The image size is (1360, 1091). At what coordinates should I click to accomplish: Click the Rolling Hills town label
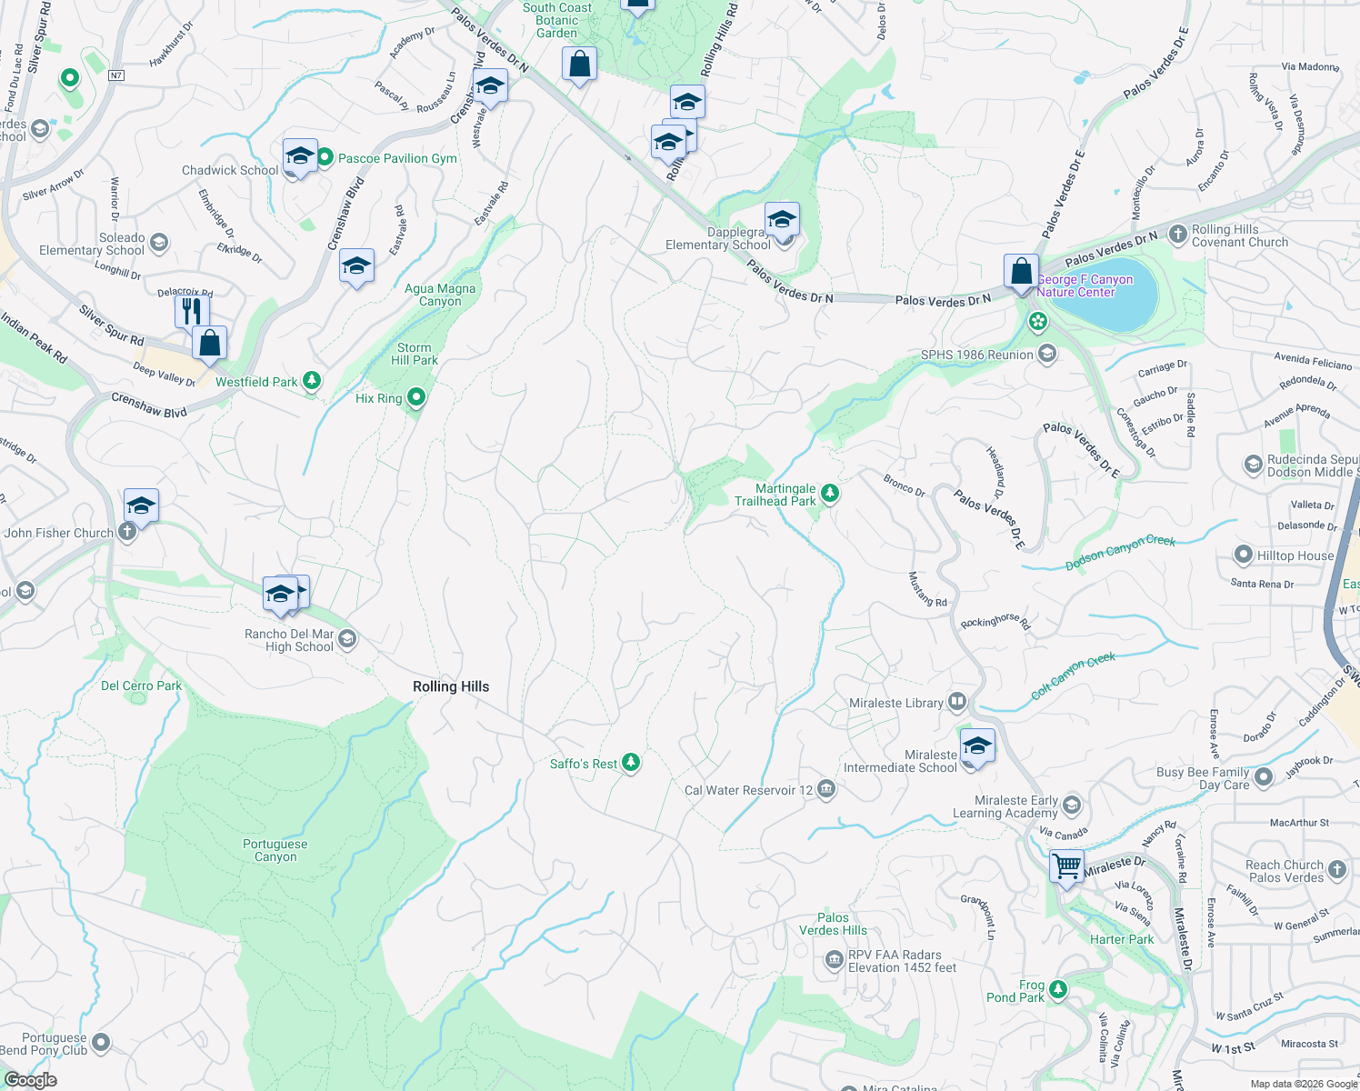451,686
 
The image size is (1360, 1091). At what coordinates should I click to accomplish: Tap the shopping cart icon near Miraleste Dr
1066,865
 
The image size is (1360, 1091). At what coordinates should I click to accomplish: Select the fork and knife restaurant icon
191,311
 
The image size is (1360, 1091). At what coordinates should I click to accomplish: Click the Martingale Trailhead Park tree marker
829,494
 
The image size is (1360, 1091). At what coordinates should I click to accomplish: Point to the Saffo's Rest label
584,764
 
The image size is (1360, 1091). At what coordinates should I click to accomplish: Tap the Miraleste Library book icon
956,701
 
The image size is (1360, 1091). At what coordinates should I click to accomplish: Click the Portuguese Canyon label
275,850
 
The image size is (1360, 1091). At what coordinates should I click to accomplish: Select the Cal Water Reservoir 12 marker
825,788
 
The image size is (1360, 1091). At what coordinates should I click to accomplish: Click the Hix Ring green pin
416,396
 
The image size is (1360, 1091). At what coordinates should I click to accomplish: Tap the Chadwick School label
230,170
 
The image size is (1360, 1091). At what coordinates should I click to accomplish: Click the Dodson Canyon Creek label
1120,553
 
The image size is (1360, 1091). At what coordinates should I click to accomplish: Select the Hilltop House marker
1244,555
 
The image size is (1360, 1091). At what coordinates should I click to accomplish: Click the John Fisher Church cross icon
127,531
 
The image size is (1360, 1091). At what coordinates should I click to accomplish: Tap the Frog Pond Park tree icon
1056,989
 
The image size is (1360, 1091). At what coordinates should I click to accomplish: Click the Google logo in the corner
31,1080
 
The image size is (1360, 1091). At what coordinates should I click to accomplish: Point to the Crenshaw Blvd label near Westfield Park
149,405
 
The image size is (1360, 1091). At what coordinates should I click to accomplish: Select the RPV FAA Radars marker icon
834,960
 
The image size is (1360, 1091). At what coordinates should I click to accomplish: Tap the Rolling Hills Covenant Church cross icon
1177,235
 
